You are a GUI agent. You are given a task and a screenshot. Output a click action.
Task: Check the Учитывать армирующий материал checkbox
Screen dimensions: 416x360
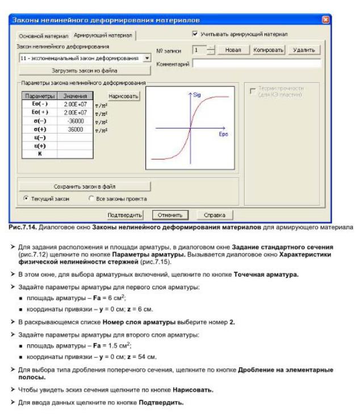coord(195,34)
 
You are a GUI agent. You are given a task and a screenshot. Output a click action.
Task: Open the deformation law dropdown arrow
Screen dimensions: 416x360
coord(147,58)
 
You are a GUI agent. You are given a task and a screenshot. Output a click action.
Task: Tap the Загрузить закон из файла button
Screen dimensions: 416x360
coord(85,71)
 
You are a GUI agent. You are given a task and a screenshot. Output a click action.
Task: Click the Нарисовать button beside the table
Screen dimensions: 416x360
coord(123,97)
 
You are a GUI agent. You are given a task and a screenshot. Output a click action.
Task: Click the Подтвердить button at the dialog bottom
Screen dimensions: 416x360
coord(125,215)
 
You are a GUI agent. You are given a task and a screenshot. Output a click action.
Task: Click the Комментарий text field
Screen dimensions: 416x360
coord(256,64)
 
